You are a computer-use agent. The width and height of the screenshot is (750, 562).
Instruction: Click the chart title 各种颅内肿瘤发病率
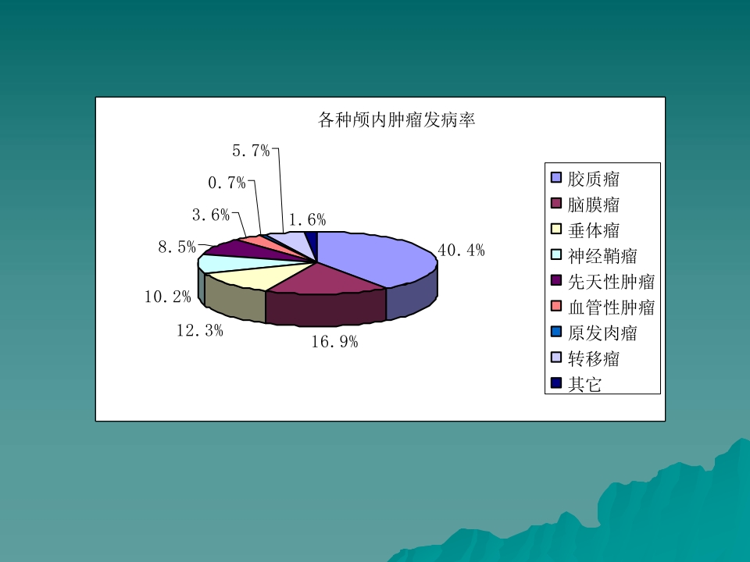point(398,120)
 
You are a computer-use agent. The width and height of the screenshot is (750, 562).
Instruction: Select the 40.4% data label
point(461,251)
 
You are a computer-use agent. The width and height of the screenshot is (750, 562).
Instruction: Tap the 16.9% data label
point(334,342)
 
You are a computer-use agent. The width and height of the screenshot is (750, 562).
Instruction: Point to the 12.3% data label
point(200,331)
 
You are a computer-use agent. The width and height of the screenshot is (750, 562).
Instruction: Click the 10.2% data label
point(168,297)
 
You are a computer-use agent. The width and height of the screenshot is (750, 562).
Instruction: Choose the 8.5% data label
point(177,247)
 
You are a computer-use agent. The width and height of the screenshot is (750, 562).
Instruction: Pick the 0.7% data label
point(227,183)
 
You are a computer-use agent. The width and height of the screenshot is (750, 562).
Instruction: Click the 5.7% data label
point(251,151)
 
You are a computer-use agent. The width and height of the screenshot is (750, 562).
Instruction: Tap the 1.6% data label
point(307,220)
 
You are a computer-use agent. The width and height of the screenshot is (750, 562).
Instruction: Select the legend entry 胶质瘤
point(594,179)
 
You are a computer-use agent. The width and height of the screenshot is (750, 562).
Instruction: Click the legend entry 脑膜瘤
point(594,205)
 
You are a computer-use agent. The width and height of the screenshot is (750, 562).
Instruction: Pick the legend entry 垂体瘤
point(594,230)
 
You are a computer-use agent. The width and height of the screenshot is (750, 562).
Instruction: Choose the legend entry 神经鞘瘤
point(602,256)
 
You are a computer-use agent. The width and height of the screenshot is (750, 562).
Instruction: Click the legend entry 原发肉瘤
point(602,333)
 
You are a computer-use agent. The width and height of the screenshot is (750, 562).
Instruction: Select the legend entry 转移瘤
point(594,359)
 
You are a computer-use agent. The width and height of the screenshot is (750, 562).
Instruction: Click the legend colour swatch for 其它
point(556,383)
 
